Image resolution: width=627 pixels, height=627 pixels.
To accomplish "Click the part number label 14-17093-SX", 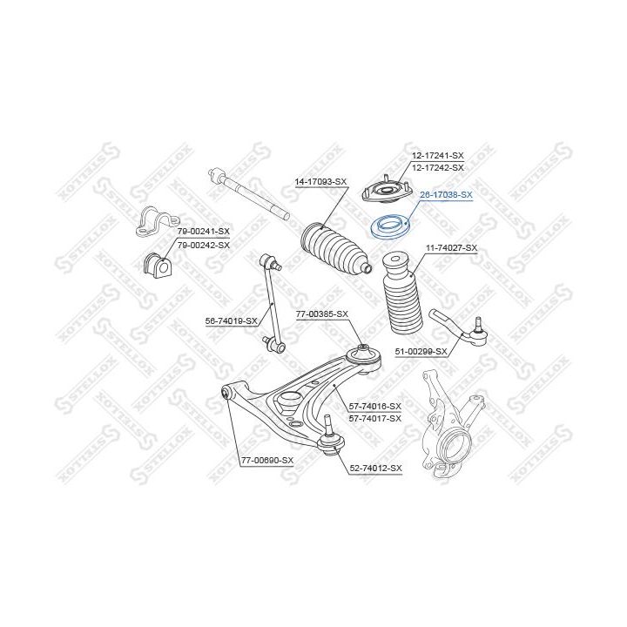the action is pyautogui.click(x=320, y=182).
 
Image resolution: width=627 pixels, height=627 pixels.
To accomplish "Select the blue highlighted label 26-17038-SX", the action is pyautogui.click(x=446, y=195).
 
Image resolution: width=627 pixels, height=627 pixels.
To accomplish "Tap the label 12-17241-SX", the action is pyautogui.click(x=438, y=155).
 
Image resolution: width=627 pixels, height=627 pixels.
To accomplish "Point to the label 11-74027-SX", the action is pyautogui.click(x=451, y=248).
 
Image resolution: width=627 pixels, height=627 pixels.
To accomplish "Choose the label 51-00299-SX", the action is pyautogui.click(x=421, y=352).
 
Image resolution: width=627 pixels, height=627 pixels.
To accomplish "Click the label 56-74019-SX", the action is pyautogui.click(x=231, y=320).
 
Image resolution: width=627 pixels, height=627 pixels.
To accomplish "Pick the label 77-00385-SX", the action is pyautogui.click(x=322, y=314).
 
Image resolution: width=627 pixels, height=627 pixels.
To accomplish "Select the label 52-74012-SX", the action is pyautogui.click(x=375, y=468).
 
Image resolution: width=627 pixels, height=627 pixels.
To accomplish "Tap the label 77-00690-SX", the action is pyautogui.click(x=267, y=461).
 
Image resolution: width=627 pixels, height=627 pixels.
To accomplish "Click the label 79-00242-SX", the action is pyautogui.click(x=204, y=245).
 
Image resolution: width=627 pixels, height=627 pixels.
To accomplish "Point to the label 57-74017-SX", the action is pyautogui.click(x=374, y=419).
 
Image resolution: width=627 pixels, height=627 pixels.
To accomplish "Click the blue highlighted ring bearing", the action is pyautogui.click(x=388, y=226).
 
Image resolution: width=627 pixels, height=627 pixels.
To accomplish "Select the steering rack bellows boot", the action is pyautogui.click(x=336, y=250).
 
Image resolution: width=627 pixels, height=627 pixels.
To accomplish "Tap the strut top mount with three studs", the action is pyautogui.click(x=387, y=192).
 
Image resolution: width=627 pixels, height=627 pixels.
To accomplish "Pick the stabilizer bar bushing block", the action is pyautogui.click(x=157, y=264).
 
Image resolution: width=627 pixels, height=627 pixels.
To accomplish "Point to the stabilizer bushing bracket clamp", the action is pyautogui.click(x=157, y=222).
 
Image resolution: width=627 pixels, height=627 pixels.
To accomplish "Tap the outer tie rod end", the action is pyautogui.click(x=459, y=331).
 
